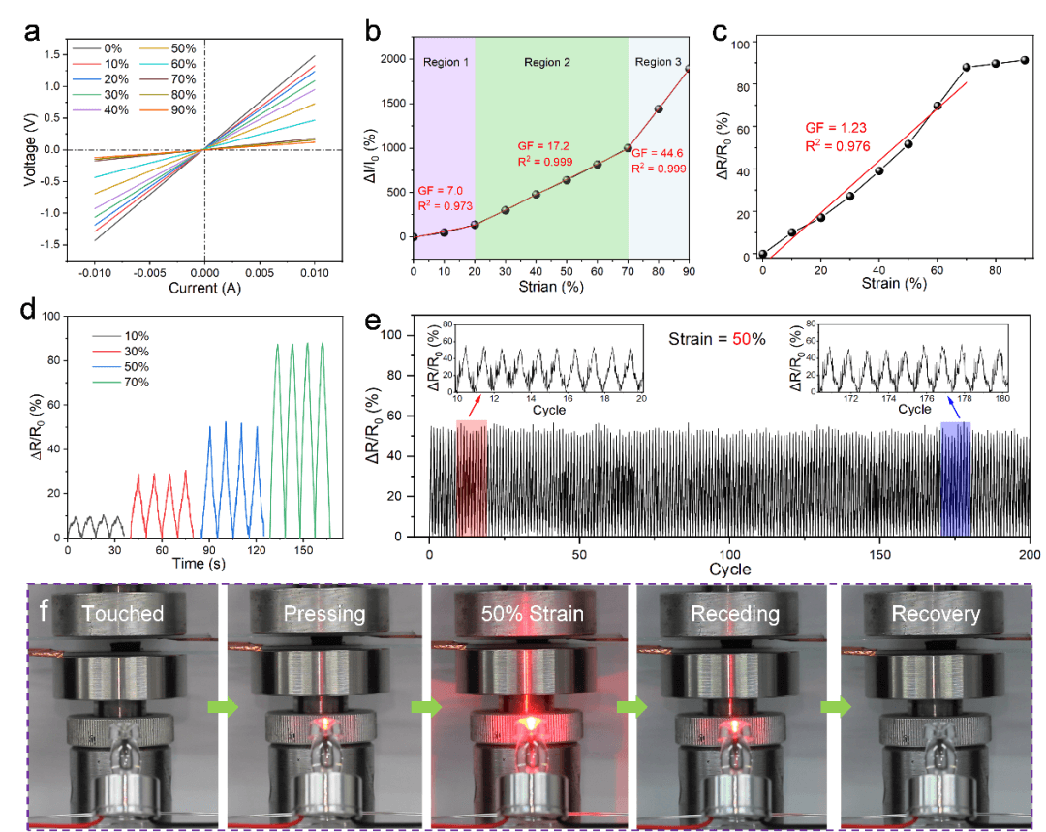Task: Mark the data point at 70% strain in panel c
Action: (x=967, y=68)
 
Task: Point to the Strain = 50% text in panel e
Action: (x=718, y=340)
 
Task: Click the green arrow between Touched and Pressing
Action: (x=220, y=707)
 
